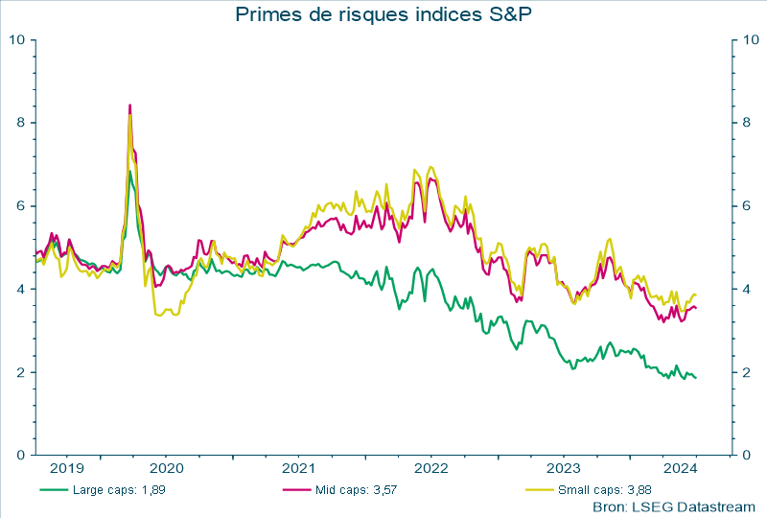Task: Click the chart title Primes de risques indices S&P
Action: tap(383, 14)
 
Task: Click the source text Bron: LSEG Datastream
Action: tap(674, 506)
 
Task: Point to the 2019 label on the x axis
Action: tap(66, 469)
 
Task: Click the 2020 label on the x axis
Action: tap(166, 469)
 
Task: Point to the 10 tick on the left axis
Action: tap(17, 40)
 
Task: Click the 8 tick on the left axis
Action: tap(21, 123)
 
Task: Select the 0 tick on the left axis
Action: tap(21, 455)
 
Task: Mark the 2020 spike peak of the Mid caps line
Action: tap(129, 105)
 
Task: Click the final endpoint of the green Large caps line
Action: tap(696, 377)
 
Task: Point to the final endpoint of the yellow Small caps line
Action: tap(696, 294)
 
